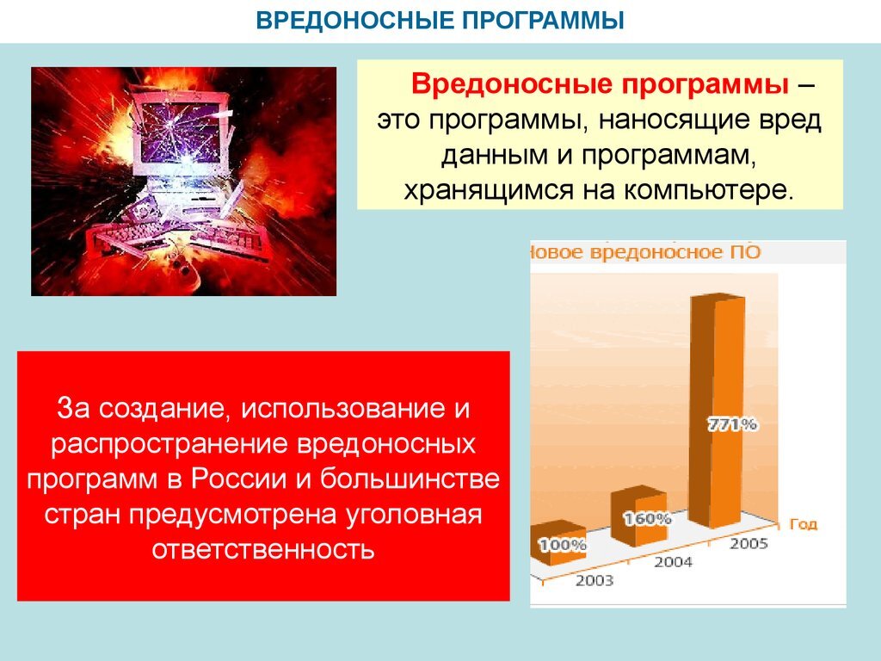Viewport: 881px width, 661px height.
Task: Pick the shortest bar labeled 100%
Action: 560,544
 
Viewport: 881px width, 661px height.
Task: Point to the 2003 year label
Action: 595,580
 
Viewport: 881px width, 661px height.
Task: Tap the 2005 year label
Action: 749,543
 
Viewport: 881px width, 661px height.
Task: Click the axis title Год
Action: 802,523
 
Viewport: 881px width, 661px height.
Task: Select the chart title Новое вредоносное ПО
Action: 645,252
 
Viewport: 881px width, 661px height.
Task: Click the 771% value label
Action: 732,423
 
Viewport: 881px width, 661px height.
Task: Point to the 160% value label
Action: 648,518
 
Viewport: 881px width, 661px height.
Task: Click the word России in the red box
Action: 231,479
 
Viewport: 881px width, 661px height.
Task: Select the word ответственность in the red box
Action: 263,547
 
